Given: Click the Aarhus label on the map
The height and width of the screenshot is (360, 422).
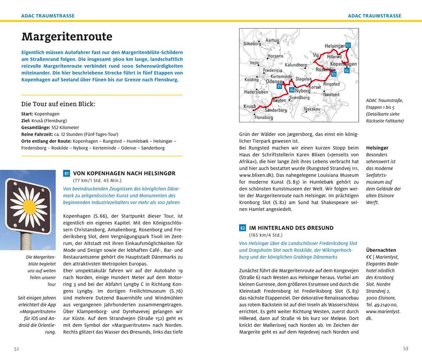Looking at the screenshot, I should point(272,41).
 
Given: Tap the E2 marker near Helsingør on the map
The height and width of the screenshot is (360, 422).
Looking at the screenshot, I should point(348,45).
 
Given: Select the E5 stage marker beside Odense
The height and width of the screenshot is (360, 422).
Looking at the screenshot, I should point(279,86).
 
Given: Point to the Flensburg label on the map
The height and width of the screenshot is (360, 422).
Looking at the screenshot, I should point(264,117).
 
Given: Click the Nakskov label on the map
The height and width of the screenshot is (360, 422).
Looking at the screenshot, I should point(312,109).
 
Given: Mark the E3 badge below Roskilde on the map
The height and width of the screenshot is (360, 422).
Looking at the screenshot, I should point(334,74).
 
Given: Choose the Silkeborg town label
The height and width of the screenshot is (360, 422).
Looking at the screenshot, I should point(252,43).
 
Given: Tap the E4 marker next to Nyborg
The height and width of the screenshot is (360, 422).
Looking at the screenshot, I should point(292,90).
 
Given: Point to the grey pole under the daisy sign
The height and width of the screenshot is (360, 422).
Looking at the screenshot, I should point(26,241).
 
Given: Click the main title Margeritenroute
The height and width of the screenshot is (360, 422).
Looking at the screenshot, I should point(67,37).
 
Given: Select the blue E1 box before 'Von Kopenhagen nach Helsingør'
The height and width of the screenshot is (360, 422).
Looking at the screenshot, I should point(67,174).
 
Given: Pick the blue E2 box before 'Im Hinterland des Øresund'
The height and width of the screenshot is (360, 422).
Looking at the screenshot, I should point(242,228).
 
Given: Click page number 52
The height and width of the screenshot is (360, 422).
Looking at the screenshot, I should point(17,349).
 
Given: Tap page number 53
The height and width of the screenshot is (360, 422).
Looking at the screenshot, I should point(405,349).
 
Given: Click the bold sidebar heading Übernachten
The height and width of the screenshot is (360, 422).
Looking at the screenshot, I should point(381,250).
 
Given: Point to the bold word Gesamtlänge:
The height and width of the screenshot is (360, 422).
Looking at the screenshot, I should point(36,128).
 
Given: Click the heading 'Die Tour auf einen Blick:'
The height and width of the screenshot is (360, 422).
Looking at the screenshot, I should point(58,104).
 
